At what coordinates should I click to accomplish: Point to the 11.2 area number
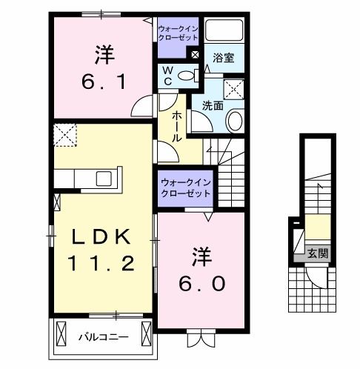102,261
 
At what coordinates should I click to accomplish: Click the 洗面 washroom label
213,105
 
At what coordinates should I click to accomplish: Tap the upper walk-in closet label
177,34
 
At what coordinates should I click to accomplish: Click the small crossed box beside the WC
194,54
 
